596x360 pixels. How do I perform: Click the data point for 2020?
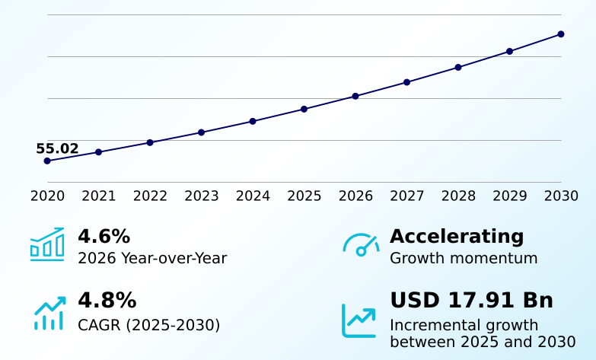click(47, 161)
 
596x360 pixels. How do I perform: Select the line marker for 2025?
click(304, 109)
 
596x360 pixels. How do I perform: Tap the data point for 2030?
click(561, 34)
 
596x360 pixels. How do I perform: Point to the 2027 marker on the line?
click(406, 82)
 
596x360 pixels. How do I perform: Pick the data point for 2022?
click(150, 142)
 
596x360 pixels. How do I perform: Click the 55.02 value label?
click(57, 148)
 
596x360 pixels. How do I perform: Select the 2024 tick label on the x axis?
click(253, 196)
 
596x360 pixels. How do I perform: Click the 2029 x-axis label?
click(510, 196)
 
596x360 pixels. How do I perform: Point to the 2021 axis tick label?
click(98, 196)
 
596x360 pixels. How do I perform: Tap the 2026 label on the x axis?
click(355, 196)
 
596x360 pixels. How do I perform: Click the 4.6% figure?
click(104, 236)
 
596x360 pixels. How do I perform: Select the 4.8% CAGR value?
click(107, 301)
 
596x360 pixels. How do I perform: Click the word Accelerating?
click(457, 237)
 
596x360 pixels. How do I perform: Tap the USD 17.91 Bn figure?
click(472, 301)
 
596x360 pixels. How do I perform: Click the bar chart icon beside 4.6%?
click(47, 244)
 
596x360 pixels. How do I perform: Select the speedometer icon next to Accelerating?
click(361, 244)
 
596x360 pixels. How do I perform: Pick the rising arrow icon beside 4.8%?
click(49, 313)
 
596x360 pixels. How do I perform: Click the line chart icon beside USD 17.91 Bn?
click(359, 321)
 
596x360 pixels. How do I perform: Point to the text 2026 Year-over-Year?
click(152, 259)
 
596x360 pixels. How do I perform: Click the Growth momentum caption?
click(464, 259)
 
